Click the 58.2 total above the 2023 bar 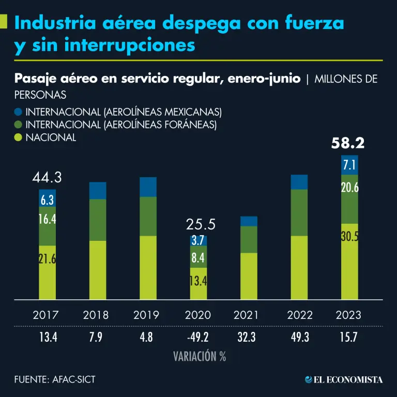(x=348, y=143)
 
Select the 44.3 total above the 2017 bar (x=47, y=178)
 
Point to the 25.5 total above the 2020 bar (x=200, y=224)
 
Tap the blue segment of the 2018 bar (x=98, y=190)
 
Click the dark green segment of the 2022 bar (x=299, y=212)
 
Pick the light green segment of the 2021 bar (x=249, y=276)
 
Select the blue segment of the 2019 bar (x=148, y=187)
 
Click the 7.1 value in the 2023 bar (x=349, y=165)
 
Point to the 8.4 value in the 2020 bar (x=198, y=257)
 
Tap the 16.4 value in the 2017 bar (x=47, y=219)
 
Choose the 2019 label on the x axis (x=146, y=315)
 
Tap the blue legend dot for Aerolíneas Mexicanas (x=19, y=112)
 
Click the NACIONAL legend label (x=51, y=138)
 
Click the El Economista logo (x=344, y=380)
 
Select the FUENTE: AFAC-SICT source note (x=55, y=380)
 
